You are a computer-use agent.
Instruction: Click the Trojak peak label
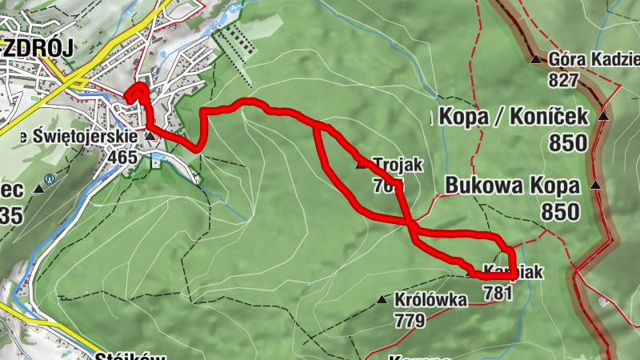point(397,164)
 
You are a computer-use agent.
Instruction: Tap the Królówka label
point(430,301)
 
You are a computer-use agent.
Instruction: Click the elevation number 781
point(498,293)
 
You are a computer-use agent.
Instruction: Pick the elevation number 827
point(563,80)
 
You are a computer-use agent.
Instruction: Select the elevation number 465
point(122,157)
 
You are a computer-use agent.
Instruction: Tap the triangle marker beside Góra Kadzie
point(534,59)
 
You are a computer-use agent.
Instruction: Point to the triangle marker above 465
point(150,137)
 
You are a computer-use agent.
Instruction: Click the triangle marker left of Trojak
point(360,164)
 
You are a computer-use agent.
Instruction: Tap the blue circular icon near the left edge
point(50,178)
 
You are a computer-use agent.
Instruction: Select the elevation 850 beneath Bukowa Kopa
point(559,212)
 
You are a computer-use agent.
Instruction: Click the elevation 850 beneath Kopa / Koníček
point(568,142)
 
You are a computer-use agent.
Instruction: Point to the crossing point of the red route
point(410,225)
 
